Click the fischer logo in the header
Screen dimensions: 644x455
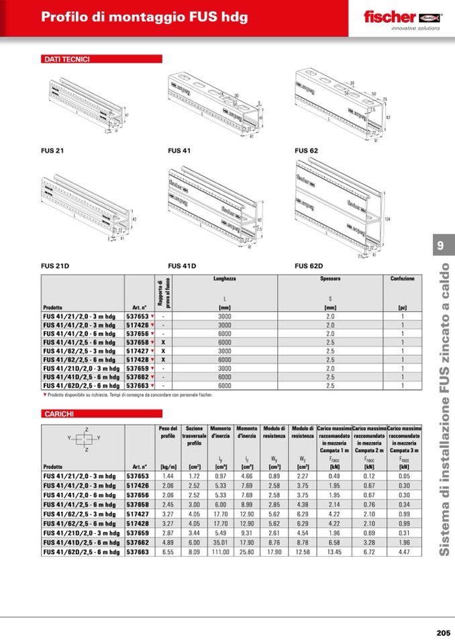(x=401, y=18)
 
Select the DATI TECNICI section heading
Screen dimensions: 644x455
(x=66, y=60)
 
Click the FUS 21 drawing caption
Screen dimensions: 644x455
(x=52, y=151)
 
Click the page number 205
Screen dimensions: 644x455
(x=442, y=632)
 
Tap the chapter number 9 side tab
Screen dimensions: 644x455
(x=440, y=246)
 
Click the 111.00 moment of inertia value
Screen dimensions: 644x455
(x=221, y=551)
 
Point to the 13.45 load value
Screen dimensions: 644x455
(x=334, y=551)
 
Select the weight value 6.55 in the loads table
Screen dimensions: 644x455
(x=168, y=551)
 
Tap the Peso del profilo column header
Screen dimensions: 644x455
(x=168, y=432)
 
